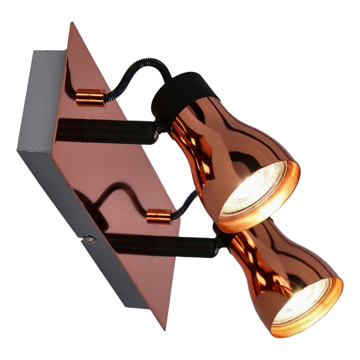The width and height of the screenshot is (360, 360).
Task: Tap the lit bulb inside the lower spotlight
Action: (x=306, y=304)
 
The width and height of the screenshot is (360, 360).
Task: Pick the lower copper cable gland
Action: (x=158, y=215)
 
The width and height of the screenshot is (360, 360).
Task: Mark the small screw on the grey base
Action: (x=89, y=240)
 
